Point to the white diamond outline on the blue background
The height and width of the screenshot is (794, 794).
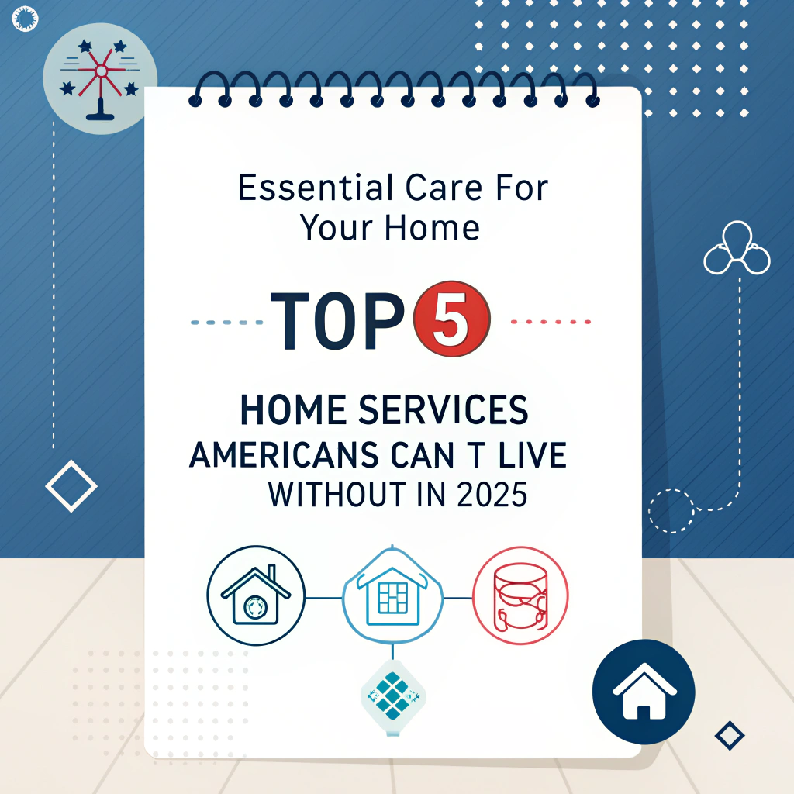pos(71,487)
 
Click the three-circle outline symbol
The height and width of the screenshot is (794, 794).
pos(737,250)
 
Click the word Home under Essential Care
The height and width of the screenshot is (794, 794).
pos(440,227)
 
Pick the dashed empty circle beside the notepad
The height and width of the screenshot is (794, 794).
pos(671,510)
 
